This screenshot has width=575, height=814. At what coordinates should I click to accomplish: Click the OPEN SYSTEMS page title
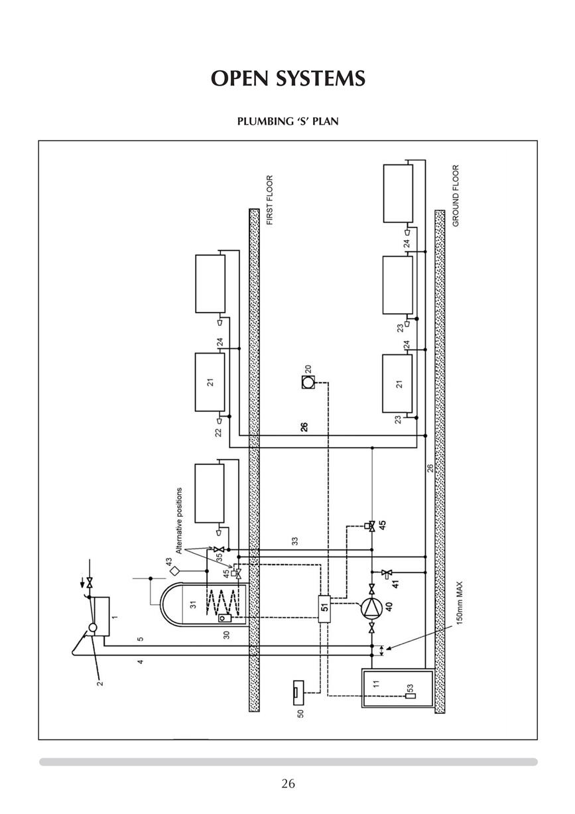tap(288, 78)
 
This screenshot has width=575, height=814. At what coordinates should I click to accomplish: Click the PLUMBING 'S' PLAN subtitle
tap(288, 121)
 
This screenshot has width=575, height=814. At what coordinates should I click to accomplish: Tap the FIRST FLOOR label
tap(269, 200)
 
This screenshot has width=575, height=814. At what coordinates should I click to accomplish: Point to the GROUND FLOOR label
tap(456, 196)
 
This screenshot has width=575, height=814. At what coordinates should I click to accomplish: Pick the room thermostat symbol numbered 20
tap(308, 382)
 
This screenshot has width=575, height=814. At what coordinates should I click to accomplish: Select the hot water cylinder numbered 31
tap(205, 604)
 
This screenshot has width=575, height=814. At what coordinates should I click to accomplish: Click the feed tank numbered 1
tap(101, 616)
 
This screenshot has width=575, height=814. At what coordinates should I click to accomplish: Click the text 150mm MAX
tap(460, 603)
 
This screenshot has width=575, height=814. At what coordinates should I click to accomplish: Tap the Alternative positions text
tap(178, 520)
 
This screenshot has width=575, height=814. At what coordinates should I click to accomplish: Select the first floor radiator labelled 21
tap(210, 382)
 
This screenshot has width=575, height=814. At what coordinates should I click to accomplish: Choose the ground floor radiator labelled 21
tap(397, 383)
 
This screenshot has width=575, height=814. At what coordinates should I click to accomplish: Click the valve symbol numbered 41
tap(385, 573)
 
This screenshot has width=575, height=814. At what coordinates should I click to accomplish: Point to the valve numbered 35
tap(219, 549)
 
